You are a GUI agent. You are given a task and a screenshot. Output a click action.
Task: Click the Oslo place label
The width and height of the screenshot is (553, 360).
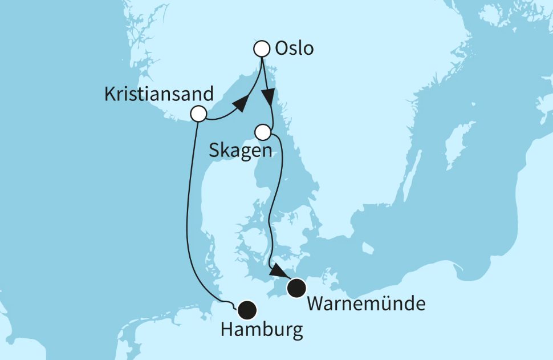[294, 49]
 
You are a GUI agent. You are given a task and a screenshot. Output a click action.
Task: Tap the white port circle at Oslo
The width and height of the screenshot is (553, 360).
[261, 48]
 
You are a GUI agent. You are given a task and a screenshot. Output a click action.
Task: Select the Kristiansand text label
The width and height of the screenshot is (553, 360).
[159, 94]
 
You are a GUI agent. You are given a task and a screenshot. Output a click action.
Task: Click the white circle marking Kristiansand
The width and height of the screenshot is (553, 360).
[198, 114]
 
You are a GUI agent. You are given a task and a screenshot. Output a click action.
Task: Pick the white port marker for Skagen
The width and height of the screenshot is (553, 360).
[262, 132]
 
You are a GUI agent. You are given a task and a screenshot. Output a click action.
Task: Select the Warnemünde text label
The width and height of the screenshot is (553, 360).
[366, 304]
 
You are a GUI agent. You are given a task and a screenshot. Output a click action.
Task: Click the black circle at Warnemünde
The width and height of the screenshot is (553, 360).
[296, 288]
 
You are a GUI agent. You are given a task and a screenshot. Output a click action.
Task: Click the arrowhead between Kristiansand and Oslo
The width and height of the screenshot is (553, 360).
[241, 104]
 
